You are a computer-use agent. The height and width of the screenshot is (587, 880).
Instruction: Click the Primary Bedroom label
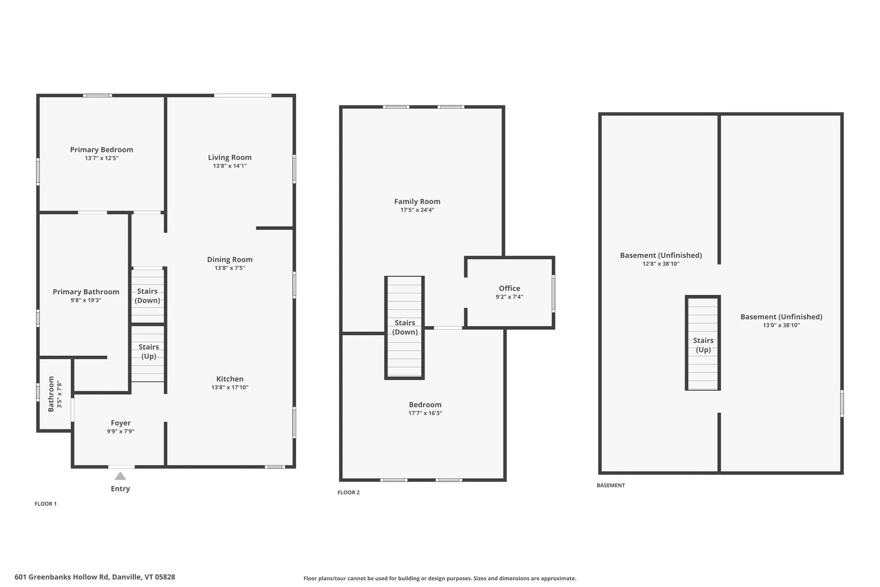pyautogui.click(x=101, y=150)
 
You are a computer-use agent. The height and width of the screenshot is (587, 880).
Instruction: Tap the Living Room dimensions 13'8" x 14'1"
pyautogui.click(x=230, y=166)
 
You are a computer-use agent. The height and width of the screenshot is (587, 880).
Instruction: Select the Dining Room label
pyautogui.click(x=230, y=260)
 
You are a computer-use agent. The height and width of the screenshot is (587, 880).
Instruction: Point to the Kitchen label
pyautogui.click(x=230, y=379)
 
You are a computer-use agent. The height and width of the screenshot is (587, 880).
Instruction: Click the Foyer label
pyautogui.click(x=121, y=423)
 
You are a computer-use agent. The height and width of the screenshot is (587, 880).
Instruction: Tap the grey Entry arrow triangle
pyautogui.click(x=120, y=476)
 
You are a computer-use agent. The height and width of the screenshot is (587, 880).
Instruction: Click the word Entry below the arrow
pyautogui.click(x=120, y=489)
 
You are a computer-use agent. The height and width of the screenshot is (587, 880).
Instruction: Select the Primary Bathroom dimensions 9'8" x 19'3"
pyautogui.click(x=86, y=300)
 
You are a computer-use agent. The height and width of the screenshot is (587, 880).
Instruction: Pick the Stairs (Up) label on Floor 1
pyautogui.click(x=148, y=352)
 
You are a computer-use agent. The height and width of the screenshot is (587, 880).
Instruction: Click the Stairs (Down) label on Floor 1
pyautogui.click(x=147, y=296)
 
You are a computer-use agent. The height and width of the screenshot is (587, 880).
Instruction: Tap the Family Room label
pyautogui.click(x=417, y=201)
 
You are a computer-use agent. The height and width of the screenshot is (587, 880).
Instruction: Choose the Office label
pyautogui.click(x=509, y=288)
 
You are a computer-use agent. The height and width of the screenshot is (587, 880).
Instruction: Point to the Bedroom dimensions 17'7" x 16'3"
pyautogui.click(x=425, y=413)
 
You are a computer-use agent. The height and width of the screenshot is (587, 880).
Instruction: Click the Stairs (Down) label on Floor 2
pyautogui.click(x=405, y=327)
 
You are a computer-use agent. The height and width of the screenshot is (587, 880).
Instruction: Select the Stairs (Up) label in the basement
pyautogui.click(x=703, y=345)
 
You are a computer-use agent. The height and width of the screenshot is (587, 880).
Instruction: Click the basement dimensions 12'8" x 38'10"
pyautogui.click(x=660, y=264)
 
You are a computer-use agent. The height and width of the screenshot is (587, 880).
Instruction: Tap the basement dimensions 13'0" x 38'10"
pyautogui.click(x=781, y=326)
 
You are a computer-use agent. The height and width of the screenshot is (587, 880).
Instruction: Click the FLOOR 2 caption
pyautogui.click(x=348, y=493)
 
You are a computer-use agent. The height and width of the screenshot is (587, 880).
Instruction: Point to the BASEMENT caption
pyautogui.click(x=610, y=485)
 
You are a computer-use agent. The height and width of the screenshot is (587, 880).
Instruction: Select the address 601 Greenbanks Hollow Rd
pyautogui.click(x=95, y=577)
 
